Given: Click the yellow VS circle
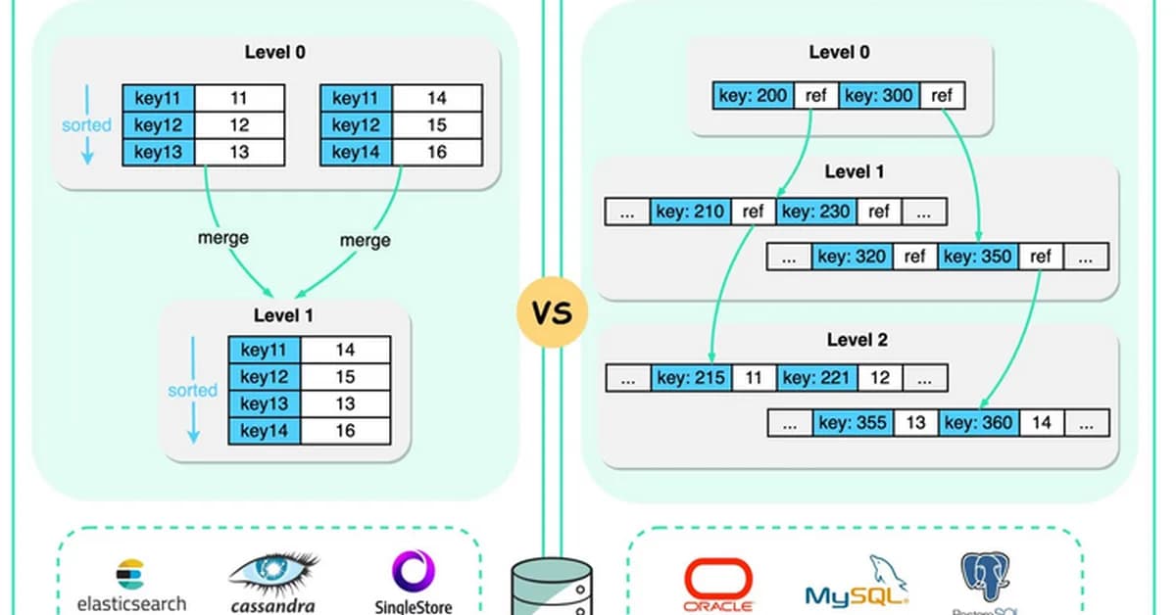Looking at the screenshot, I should (x=552, y=312).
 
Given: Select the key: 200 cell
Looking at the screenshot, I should (x=752, y=96).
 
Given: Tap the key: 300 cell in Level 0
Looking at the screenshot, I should (x=877, y=96).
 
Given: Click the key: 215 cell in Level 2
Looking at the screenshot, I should (x=691, y=378).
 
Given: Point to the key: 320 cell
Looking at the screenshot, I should (x=853, y=258).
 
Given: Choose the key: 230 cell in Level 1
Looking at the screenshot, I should (x=815, y=212).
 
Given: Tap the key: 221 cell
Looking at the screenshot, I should (x=816, y=378).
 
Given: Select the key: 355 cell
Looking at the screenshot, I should (x=853, y=423).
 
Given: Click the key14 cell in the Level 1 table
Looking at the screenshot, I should (x=265, y=431).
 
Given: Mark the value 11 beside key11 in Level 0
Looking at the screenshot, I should (x=239, y=98).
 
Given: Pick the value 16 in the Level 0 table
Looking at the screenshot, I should (x=437, y=153).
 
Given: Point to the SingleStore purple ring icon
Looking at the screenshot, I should (x=414, y=571).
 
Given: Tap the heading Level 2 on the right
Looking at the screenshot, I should (x=855, y=340).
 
